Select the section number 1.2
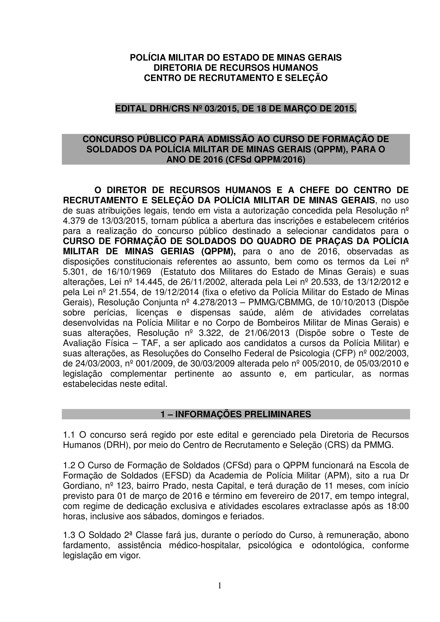pyautogui.click(x=69, y=465)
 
